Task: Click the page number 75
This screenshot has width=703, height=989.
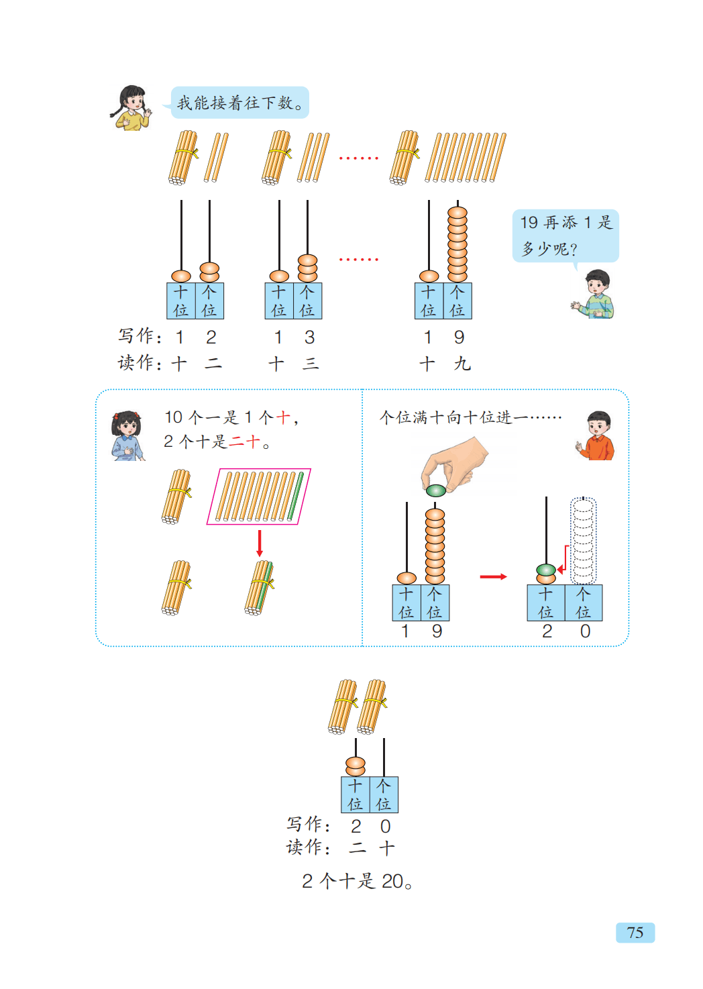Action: pyautogui.click(x=635, y=933)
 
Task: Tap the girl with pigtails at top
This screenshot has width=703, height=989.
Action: pyautogui.click(x=131, y=107)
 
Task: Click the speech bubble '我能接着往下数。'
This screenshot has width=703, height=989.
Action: pyautogui.click(x=239, y=103)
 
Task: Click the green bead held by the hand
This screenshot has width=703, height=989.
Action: pyautogui.click(x=435, y=490)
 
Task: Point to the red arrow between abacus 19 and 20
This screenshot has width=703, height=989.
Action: pyautogui.click(x=493, y=576)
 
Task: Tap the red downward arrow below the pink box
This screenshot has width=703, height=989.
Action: pyautogui.click(x=260, y=543)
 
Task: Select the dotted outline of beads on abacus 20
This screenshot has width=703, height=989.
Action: pyautogui.click(x=583, y=540)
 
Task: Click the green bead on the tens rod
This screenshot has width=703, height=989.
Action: pyautogui.click(x=546, y=570)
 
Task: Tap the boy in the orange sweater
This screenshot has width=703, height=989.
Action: pyautogui.click(x=597, y=436)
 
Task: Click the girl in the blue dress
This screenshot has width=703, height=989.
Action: pyautogui.click(x=127, y=436)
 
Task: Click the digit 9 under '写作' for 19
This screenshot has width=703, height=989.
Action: pyautogui.click(x=459, y=337)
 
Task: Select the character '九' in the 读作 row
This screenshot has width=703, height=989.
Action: pyautogui.click(x=462, y=364)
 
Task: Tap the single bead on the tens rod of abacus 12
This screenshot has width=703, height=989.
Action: pyautogui.click(x=181, y=276)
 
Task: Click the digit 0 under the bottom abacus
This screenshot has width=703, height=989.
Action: pyautogui.click(x=385, y=826)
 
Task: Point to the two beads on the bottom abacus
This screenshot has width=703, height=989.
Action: pyautogui.click(x=355, y=766)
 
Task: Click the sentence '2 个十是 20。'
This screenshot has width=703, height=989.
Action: pyautogui.click(x=357, y=881)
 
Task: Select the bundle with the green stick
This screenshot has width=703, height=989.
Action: pyautogui.click(x=259, y=587)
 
